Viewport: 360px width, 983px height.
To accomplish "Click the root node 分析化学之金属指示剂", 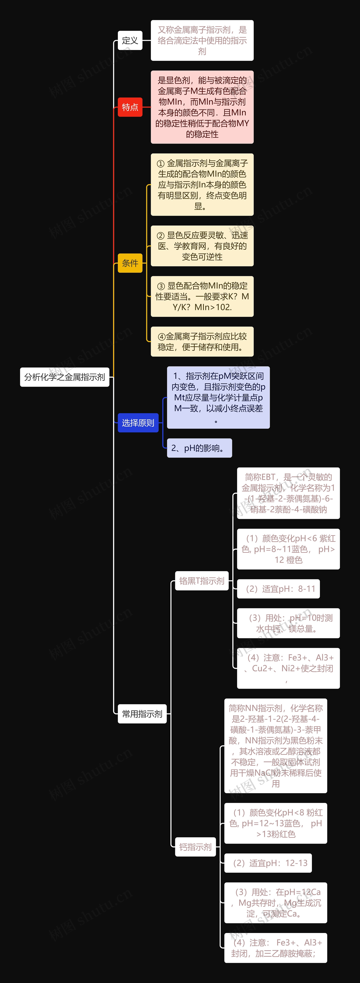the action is click(x=65, y=377).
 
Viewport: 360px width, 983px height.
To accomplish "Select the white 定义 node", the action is click(x=130, y=40).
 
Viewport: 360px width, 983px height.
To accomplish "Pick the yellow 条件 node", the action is click(x=130, y=263).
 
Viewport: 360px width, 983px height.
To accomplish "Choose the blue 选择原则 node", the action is click(x=138, y=423).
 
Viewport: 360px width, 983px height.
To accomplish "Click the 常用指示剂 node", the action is click(x=142, y=714).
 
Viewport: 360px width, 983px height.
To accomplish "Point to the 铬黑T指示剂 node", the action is click(x=202, y=581).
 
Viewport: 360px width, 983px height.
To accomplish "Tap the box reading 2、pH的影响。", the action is click(x=199, y=448).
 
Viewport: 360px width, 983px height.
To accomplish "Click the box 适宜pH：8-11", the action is click(x=278, y=589).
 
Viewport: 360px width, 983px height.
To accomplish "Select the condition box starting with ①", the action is click(x=202, y=185).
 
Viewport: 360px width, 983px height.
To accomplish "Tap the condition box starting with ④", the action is click(x=202, y=342).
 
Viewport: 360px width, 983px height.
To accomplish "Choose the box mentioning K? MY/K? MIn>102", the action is click(x=202, y=296).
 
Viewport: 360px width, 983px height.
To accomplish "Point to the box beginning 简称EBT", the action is click(x=288, y=493).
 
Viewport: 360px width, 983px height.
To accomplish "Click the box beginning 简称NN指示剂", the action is click(x=276, y=746).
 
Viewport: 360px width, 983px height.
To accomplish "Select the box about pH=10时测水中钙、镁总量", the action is click(x=288, y=623).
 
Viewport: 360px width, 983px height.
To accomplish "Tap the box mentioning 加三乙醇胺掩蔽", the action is click(x=276, y=948).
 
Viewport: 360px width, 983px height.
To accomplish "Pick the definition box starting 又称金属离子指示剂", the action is click(x=202, y=40).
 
